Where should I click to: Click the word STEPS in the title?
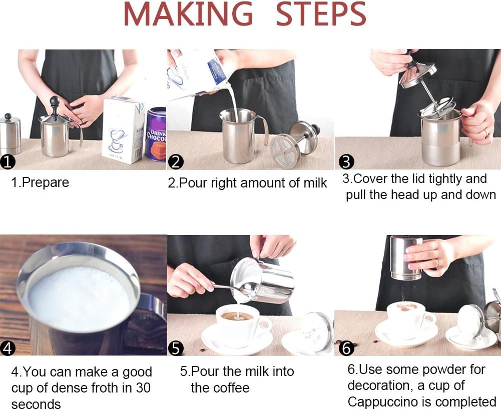click(320, 14)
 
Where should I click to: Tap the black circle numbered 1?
click(8, 162)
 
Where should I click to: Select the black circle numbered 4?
click(8, 348)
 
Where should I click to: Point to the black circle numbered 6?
click(346, 348)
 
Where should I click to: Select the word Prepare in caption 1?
click(46, 182)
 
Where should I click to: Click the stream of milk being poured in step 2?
click(233, 102)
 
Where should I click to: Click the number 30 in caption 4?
click(143, 387)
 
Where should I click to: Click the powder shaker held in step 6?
click(406, 258)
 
